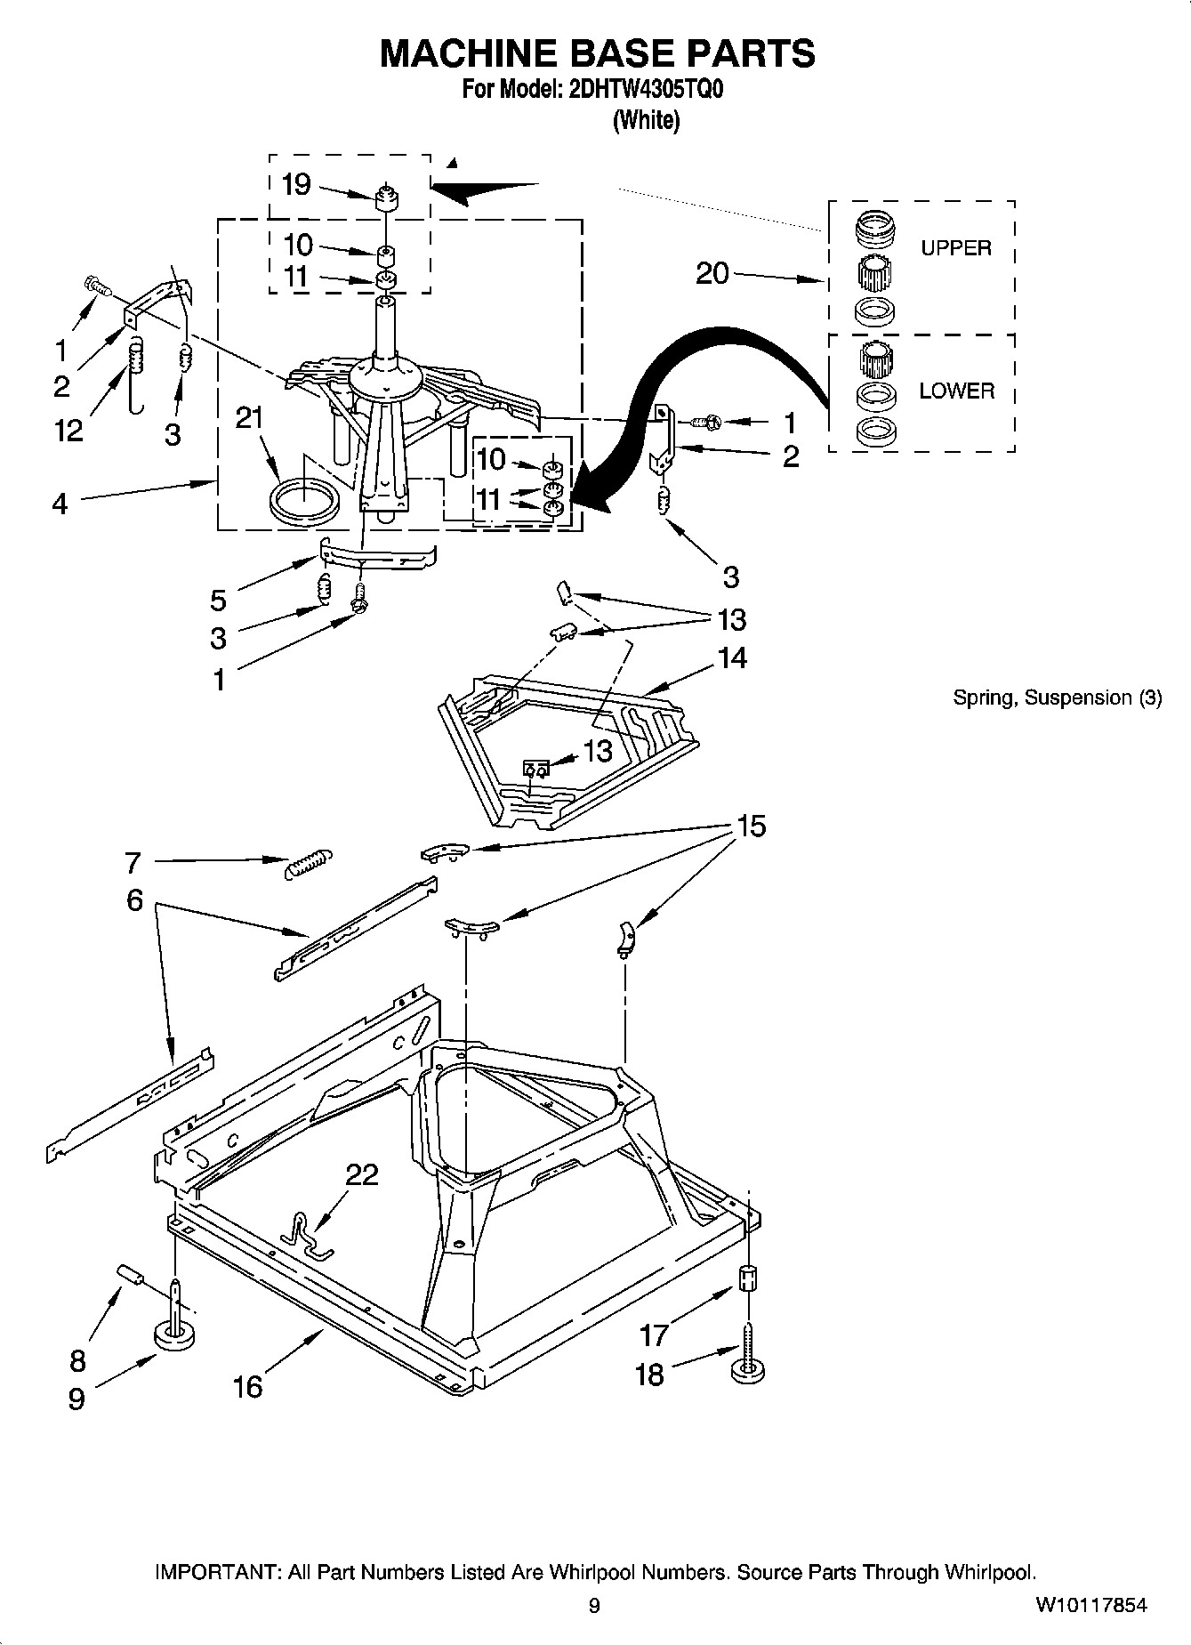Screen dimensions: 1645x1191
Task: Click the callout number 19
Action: pos(295,184)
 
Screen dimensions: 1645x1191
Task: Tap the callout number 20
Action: pos(712,273)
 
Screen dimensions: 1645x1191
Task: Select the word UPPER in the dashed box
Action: pos(955,248)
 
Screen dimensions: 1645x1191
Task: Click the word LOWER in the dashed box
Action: pos(956,391)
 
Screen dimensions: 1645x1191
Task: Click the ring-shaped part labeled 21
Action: pos(303,501)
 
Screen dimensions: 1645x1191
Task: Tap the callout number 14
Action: pos(732,657)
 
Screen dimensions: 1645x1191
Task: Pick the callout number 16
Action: pos(248,1386)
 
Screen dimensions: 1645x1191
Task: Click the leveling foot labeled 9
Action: pos(175,1332)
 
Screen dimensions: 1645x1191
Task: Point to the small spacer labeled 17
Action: pos(748,1279)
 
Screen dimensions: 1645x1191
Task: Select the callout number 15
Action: pos(751,826)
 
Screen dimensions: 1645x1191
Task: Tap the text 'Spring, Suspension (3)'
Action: pos(1057,698)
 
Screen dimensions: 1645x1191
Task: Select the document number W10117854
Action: pos(1090,1605)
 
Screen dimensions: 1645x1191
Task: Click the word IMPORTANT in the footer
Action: pos(217,1572)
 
